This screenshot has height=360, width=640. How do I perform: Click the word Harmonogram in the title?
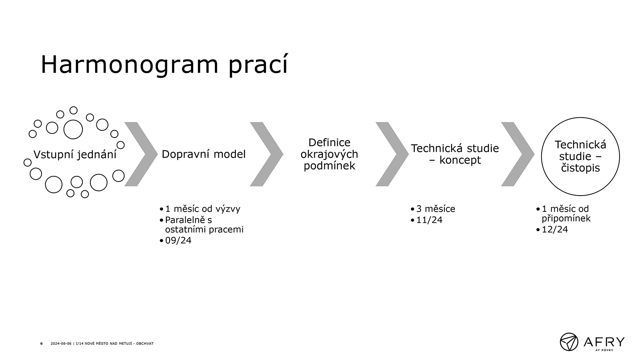tap(130, 65)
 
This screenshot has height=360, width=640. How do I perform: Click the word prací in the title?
tap(258, 65)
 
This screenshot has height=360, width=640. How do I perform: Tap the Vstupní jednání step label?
tap(75, 154)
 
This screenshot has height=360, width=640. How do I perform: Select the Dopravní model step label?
tap(204, 154)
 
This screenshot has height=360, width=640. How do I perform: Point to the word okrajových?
tap(329, 154)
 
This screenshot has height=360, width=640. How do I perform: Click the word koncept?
tap(460, 160)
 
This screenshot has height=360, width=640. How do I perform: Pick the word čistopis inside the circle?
tap(580, 168)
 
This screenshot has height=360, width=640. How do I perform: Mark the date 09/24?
tap(178, 240)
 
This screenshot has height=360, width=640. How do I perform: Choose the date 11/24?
tap(429, 220)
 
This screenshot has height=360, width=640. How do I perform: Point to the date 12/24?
tap(555, 230)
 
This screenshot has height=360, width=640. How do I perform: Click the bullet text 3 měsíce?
tap(436, 209)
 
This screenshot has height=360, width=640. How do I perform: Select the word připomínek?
tap(566, 218)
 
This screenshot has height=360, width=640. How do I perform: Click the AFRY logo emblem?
tap(569, 342)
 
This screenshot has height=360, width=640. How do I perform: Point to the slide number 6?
tap(42, 344)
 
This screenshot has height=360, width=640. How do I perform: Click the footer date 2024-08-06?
tap(61, 344)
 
